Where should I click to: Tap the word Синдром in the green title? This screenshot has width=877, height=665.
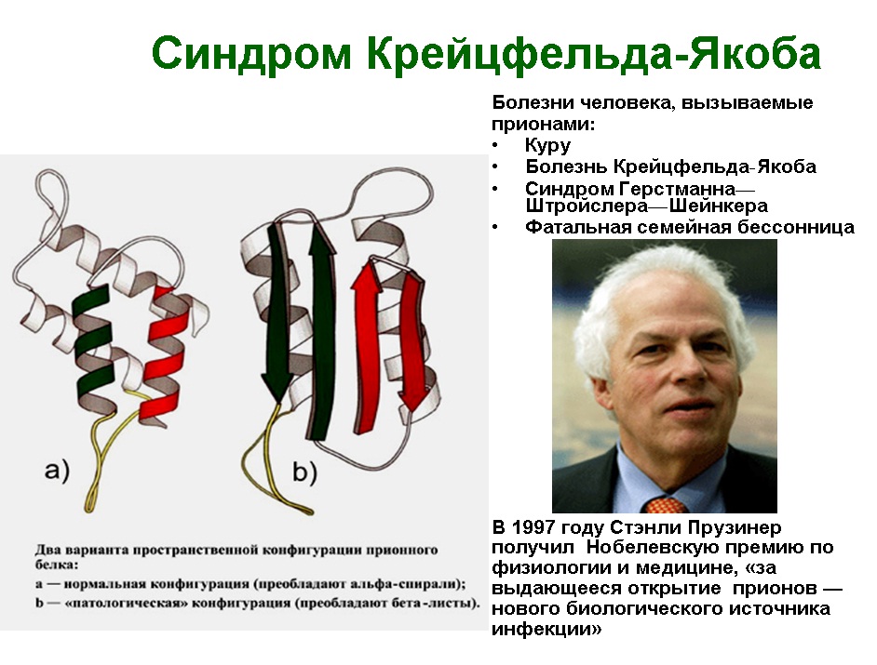tap(251, 55)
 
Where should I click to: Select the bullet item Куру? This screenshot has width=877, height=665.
tap(547, 145)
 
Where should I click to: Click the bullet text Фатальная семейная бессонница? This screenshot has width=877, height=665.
tap(690, 227)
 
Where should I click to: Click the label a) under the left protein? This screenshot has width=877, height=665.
tap(57, 471)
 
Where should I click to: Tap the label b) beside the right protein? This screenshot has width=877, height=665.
tap(304, 472)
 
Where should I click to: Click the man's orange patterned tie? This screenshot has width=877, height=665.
tap(666, 505)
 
